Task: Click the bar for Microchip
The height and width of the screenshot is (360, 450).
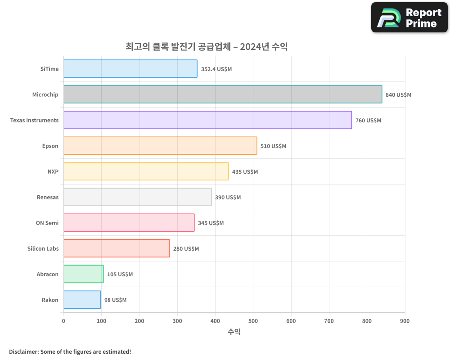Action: pyautogui.click(x=223, y=94)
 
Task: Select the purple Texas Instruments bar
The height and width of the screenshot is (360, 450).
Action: pyautogui.click(x=207, y=120)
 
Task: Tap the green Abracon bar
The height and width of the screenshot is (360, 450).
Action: pyautogui.click(x=83, y=274)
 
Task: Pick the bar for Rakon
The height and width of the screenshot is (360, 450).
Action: pyautogui.click(x=82, y=300)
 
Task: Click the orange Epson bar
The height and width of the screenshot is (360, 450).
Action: pyautogui.click(x=160, y=146)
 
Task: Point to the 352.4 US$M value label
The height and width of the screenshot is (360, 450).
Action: pyautogui.click(x=216, y=69)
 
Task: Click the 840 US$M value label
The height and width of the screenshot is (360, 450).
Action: pyautogui.click(x=398, y=95)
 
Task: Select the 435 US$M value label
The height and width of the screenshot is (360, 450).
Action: pyautogui.click(x=245, y=172)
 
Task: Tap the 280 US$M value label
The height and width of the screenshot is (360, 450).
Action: pyautogui.click(x=186, y=249)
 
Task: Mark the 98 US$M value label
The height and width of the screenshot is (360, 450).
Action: pyautogui.click(x=115, y=300)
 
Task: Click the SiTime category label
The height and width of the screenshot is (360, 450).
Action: pyautogui.click(x=49, y=69)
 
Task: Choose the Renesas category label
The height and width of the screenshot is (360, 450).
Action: pyautogui.click(x=48, y=197)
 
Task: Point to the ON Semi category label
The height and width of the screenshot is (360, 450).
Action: pyautogui.click(x=47, y=223)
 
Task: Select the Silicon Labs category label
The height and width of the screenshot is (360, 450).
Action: pyautogui.click(x=43, y=248)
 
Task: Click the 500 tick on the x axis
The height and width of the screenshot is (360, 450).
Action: pyautogui.click(x=253, y=321)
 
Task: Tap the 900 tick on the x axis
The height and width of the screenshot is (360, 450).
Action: pyautogui.click(x=405, y=321)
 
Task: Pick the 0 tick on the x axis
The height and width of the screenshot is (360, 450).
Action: pyautogui.click(x=63, y=321)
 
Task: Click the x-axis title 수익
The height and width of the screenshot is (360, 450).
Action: pyautogui.click(x=234, y=332)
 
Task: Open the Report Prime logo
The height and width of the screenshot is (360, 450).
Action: pyautogui.click(x=409, y=18)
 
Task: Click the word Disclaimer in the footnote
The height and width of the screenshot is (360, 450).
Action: pyautogui.click(x=23, y=351)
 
